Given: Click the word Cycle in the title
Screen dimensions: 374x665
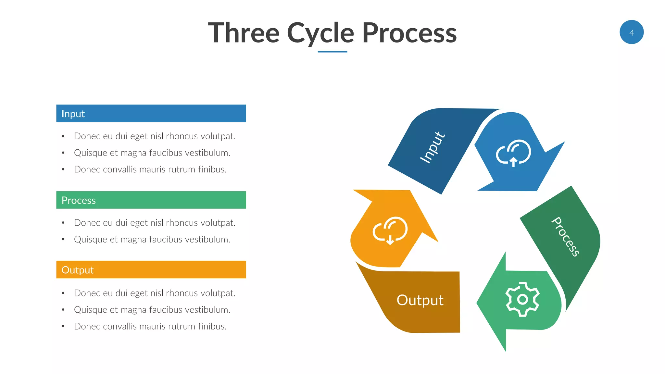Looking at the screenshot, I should [x=320, y=33].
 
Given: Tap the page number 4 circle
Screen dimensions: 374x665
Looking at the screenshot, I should [x=631, y=32].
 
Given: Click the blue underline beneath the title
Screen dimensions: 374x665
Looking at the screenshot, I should [x=332, y=52].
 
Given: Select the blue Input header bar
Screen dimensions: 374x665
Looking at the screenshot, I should [x=151, y=113].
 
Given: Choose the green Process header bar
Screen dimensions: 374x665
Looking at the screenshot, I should [x=151, y=200].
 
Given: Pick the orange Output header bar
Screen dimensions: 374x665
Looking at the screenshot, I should [x=151, y=269].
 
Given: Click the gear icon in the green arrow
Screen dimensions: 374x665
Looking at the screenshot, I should [x=522, y=299].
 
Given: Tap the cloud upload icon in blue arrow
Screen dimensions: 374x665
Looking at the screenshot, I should [x=513, y=153].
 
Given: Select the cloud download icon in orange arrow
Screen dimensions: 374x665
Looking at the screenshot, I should [x=390, y=230].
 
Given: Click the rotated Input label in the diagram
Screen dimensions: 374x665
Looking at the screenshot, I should [x=432, y=147].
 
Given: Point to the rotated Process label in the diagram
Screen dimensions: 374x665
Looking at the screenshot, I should [x=566, y=236].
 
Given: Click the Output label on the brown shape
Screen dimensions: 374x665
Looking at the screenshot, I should [x=420, y=300].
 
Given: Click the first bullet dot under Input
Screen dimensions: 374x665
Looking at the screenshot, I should [x=63, y=136].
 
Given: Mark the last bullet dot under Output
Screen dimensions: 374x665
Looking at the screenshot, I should [x=63, y=326].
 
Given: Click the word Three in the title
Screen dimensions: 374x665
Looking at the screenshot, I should [x=244, y=33].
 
